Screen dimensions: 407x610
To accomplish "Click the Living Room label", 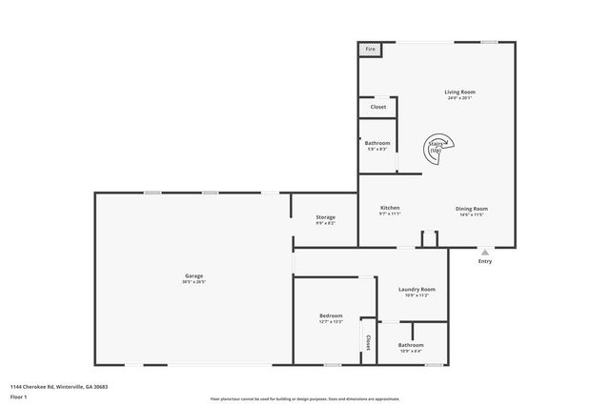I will click(x=458, y=92).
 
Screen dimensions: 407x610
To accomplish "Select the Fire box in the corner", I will click(x=370, y=50).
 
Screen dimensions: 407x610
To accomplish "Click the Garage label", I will click(x=193, y=276).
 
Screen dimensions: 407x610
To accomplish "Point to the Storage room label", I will click(x=325, y=217).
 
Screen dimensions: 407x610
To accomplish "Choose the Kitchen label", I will click(x=390, y=208).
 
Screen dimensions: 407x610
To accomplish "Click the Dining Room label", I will click(x=473, y=209).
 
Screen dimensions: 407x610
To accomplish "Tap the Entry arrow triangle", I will click(x=485, y=252).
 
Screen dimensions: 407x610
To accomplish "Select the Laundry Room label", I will click(x=417, y=290).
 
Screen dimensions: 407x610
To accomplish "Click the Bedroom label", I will click(x=331, y=315).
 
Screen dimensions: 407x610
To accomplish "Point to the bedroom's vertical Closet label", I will click(x=366, y=341).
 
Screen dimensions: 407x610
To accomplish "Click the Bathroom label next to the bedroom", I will click(x=411, y=345).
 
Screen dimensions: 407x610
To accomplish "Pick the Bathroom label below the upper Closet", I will click(x=376, y=143).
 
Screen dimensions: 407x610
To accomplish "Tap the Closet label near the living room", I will click(x=378, y=107).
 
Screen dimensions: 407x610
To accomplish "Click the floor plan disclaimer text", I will click(x=304, y=396).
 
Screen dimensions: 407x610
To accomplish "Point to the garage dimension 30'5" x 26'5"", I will click(x=193, y=282).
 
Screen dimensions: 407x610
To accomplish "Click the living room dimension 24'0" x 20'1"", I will click(x=458, y=98).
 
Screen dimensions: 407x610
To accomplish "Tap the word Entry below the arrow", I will click(x=485, y=261).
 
